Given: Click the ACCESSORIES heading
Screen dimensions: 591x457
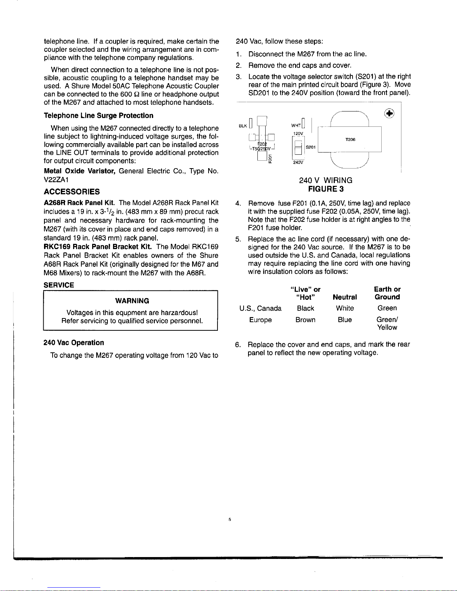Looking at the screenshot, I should (x=72, y=192).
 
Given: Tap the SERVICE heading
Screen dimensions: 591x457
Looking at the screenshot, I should (x=59, y=285).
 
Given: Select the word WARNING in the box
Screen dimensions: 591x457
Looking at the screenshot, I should (x=132, y=301).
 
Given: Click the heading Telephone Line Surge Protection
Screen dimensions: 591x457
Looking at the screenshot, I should (x=98, y=116).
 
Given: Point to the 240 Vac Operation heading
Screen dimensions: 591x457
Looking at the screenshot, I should (x=74, y=343).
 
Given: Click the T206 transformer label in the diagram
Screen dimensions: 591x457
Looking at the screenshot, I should (x=350, y=139).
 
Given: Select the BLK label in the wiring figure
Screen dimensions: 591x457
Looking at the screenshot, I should (x=242, y=126).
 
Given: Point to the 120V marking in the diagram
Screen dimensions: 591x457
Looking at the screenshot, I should (x=297, y=133).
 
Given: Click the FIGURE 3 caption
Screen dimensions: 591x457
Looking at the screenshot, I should (x=326, y=189).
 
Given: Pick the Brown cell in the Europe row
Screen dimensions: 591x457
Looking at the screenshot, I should (x=305, y=320).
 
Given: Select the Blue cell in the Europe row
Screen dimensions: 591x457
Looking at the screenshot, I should (x=345, y=320).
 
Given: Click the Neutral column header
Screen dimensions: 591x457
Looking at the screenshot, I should (x=345, y=297).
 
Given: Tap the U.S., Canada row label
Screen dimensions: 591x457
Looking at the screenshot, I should (x=260, y=308).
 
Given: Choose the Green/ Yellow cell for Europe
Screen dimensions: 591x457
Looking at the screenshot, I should (x=387, y=323).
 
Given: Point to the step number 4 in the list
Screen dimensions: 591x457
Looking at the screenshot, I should (x=237, y=204).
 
